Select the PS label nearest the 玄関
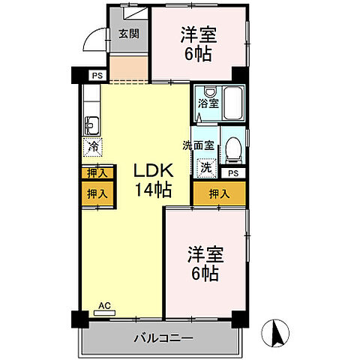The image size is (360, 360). click(96, 76)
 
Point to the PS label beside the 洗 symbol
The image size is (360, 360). click(232, 174)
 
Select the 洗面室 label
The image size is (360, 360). click(198, 146)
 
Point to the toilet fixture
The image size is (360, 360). click(232, 148)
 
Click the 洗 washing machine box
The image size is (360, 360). click(205, 169)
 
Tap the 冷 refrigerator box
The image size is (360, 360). click(92, 147)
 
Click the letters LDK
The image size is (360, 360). click(153, 172)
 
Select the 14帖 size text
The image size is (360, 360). click(153, 190)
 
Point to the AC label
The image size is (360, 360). click(105, 306)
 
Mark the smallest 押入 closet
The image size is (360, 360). click(97, 173)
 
